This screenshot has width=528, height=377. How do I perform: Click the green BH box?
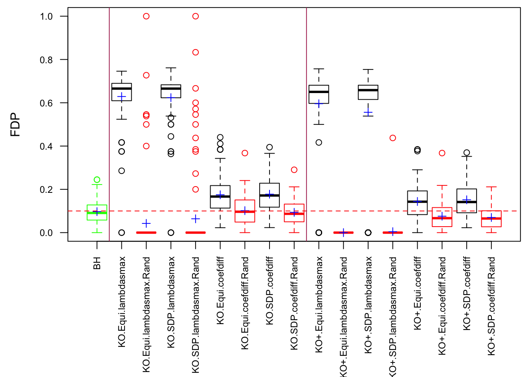click(97, 212)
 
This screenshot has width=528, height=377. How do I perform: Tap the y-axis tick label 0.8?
click(46, 60)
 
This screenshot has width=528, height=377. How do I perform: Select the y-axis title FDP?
click(15, 124)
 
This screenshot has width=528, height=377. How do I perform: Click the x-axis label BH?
click(97, 263)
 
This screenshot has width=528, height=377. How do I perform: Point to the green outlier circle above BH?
click(97, 180)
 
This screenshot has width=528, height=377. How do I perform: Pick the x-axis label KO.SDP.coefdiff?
click(269, 291)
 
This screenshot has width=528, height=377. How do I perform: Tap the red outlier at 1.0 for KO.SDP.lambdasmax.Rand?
click(196, 16)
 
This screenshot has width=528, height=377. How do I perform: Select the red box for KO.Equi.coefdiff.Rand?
click(245, 211)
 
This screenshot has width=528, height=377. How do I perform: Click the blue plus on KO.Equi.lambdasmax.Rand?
click(146, 223)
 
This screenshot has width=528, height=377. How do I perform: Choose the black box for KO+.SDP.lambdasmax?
click(368, 92)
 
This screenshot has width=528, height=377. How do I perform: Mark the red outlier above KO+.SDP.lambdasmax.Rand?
click(393, 138)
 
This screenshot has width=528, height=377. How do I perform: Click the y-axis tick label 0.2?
click(46, 190)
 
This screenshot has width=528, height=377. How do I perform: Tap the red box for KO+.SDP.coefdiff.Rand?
click(491, 219)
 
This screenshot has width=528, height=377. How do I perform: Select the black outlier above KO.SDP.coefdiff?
click(269, 147)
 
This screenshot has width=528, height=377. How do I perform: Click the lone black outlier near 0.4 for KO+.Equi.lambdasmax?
click(319, 142)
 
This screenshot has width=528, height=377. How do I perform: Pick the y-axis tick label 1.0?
click(46, 16)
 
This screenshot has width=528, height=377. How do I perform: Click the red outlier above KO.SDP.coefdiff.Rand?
click(294, 170)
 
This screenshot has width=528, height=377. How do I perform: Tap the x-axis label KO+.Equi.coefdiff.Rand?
click(442, 306)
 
